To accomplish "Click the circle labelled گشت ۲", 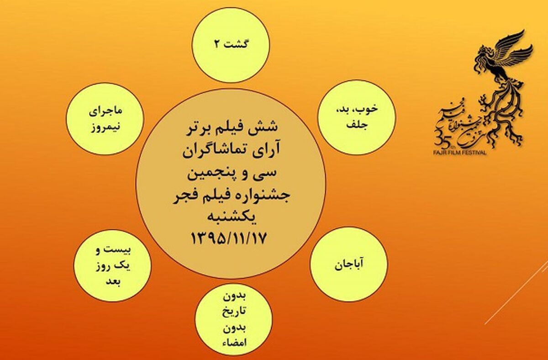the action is click(x=231, y=45).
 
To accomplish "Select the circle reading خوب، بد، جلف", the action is click(x=356, y=117).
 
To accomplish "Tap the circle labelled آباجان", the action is click(x=349, y=265).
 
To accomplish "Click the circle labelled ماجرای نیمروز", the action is click(x=105, y=119).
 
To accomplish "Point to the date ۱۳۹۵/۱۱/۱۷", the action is click(x=228, y=238).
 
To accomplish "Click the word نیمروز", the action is click(x=105, y=128).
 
